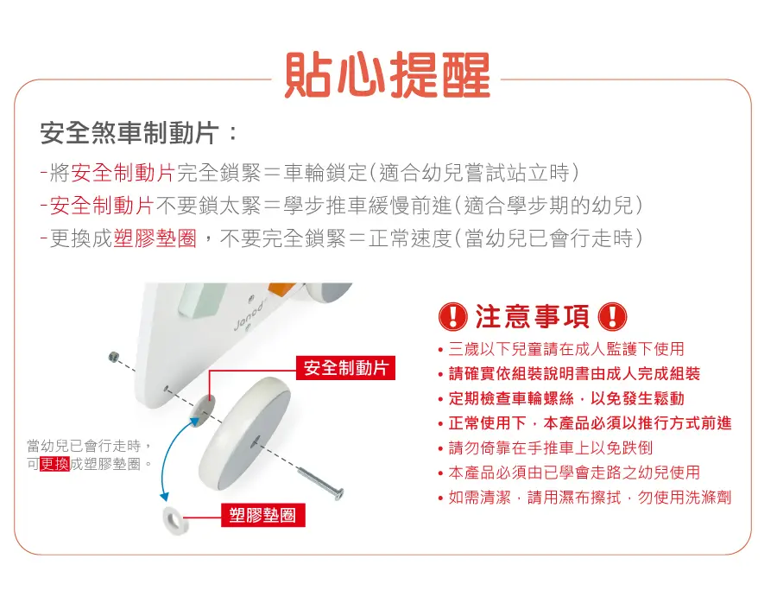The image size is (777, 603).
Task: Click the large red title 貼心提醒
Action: (x=387, y=75)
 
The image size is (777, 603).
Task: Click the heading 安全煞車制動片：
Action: (x=139, y=133)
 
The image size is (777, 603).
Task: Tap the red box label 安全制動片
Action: (x=345, y=367)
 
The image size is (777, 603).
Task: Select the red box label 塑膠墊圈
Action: (x=262, y=515)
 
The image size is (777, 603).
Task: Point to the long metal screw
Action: (x=320, y=480)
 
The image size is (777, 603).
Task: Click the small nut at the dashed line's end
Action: (x=113, y=356)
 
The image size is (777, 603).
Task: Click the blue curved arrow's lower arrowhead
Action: (x=164, y=496)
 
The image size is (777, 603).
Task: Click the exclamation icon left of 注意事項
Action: (x=453, y=316)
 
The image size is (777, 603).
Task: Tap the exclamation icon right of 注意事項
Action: (x=612, y=316)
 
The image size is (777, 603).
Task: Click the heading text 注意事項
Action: (x=533, y=316)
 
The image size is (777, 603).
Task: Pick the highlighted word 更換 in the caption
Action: (x=54, y=464)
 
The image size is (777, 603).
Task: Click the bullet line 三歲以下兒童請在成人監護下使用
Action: (x=566, y=349)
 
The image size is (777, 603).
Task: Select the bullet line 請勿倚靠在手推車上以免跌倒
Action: (x=551, y=447)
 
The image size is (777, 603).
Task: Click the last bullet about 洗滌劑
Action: (x=590, y=497)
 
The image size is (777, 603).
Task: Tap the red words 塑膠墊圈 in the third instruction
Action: (x=155, y=238)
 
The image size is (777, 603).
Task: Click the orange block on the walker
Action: (x=281, y=289)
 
